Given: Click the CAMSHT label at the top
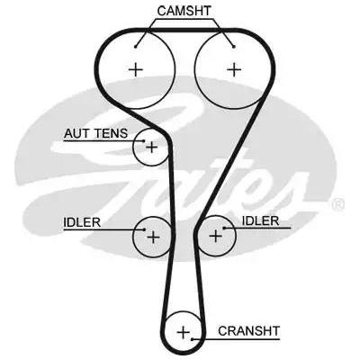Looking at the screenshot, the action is point(184,11).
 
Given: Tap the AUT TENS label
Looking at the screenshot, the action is point(95,133).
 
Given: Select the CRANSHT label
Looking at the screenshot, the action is point(248,331).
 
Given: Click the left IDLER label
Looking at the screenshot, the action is point(82,222).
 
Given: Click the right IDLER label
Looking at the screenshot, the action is point(260,221).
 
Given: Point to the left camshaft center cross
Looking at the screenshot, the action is point(136,70).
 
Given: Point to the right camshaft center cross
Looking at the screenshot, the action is point(234,70).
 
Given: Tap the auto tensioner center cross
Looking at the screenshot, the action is point(151,148).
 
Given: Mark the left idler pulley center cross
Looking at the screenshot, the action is point(153,238).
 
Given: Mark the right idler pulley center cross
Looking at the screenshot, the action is point(215,236).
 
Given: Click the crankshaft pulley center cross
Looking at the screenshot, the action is point(184,332).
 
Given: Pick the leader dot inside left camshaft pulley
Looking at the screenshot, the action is point(136,47).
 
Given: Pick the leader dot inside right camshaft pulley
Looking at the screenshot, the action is point(234,47).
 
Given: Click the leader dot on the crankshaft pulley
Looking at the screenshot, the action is point(193,339).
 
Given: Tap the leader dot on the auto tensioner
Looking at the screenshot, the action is point(144,140).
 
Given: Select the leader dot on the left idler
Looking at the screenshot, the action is point(144,229).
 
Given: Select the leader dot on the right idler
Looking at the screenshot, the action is point(224,229).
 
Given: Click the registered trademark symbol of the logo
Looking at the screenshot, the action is point(338,205).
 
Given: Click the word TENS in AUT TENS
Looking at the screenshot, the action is point(112,133).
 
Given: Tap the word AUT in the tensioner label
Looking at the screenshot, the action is point(77,133).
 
